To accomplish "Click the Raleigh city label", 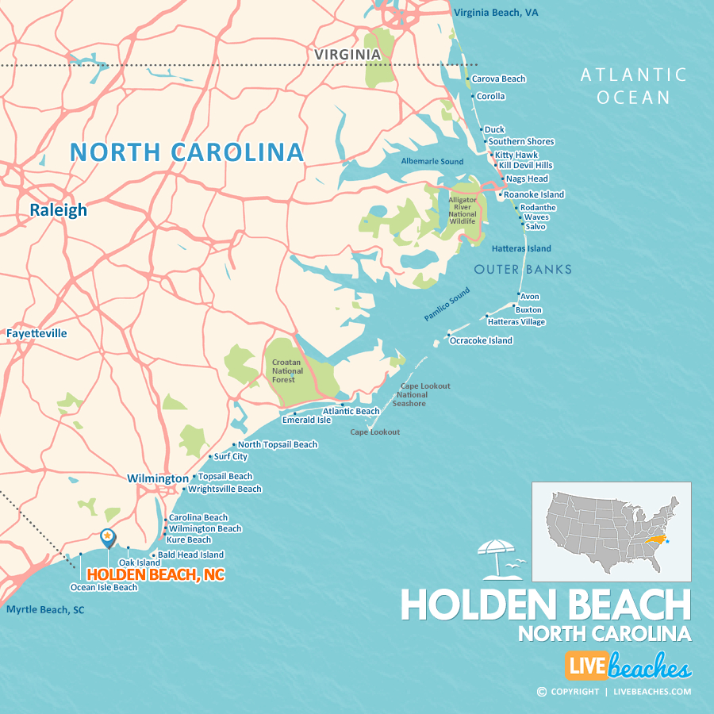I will point(59,210).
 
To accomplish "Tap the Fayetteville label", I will point(36,333).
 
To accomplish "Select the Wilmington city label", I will point(158,478).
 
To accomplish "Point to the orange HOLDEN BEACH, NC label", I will point(155,574).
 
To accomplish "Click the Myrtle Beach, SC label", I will point(45,609).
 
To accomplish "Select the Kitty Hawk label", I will point(516,155).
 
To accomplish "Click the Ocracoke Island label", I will point(481,340).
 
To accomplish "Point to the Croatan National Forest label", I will point(286,370).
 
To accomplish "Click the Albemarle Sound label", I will point(432,161).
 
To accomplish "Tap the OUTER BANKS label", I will point(523,270).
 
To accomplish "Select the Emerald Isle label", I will point(306,420).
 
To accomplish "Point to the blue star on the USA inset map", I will point(667,541).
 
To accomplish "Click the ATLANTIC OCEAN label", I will point(634,86).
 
